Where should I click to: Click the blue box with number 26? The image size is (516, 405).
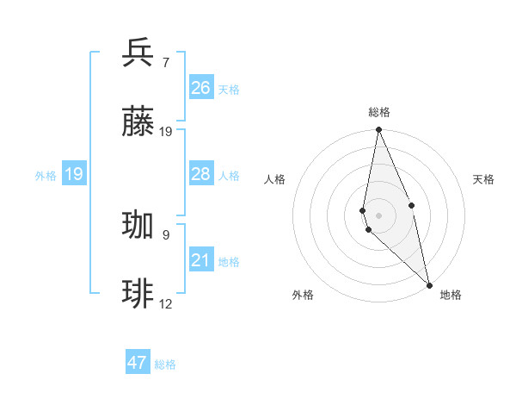(200, 88)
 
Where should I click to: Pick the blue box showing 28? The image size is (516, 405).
(200, 174)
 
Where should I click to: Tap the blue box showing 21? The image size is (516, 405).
(200, 260)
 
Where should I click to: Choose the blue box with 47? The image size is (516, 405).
(138, 363)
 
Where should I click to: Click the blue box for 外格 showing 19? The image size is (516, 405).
(74, 174)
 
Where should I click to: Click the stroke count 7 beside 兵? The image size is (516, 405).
(165, 63)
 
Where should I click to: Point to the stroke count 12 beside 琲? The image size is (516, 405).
(166, 303)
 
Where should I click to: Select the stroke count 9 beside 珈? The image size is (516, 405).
(165, 234)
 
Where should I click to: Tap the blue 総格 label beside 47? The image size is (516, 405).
(165, 364)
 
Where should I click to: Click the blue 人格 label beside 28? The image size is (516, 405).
(229, 176)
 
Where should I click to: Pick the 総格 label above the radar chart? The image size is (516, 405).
(379, 112)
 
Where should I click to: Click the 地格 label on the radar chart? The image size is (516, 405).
(451, 296)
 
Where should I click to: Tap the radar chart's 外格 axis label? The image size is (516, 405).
(303, 296)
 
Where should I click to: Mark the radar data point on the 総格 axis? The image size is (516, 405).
(378, 130)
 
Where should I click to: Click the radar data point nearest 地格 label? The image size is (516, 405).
(429, 284)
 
